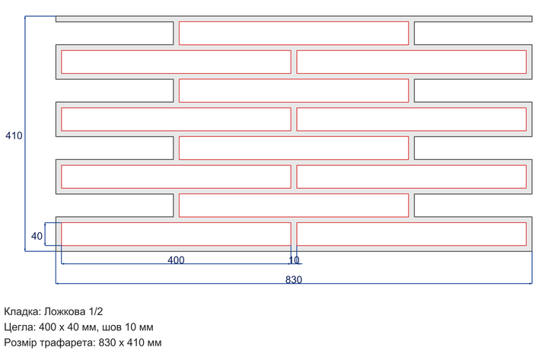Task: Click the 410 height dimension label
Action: point(14,135)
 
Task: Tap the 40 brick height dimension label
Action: point(37,236)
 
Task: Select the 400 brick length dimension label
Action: point(176,260)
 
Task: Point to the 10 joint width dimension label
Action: point(294,260)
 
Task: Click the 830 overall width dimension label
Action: point(294,279)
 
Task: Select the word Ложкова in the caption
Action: point(65,311)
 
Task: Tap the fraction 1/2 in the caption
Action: point(96,311)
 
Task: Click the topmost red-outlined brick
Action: point(294,33)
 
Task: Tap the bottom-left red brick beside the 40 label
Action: point(176,234)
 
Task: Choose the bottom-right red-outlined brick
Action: point(411,234)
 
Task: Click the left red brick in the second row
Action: point(176,62)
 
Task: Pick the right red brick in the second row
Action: point(411,62)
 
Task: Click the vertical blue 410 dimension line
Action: point(25,133)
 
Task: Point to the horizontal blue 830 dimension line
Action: point(294,283)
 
